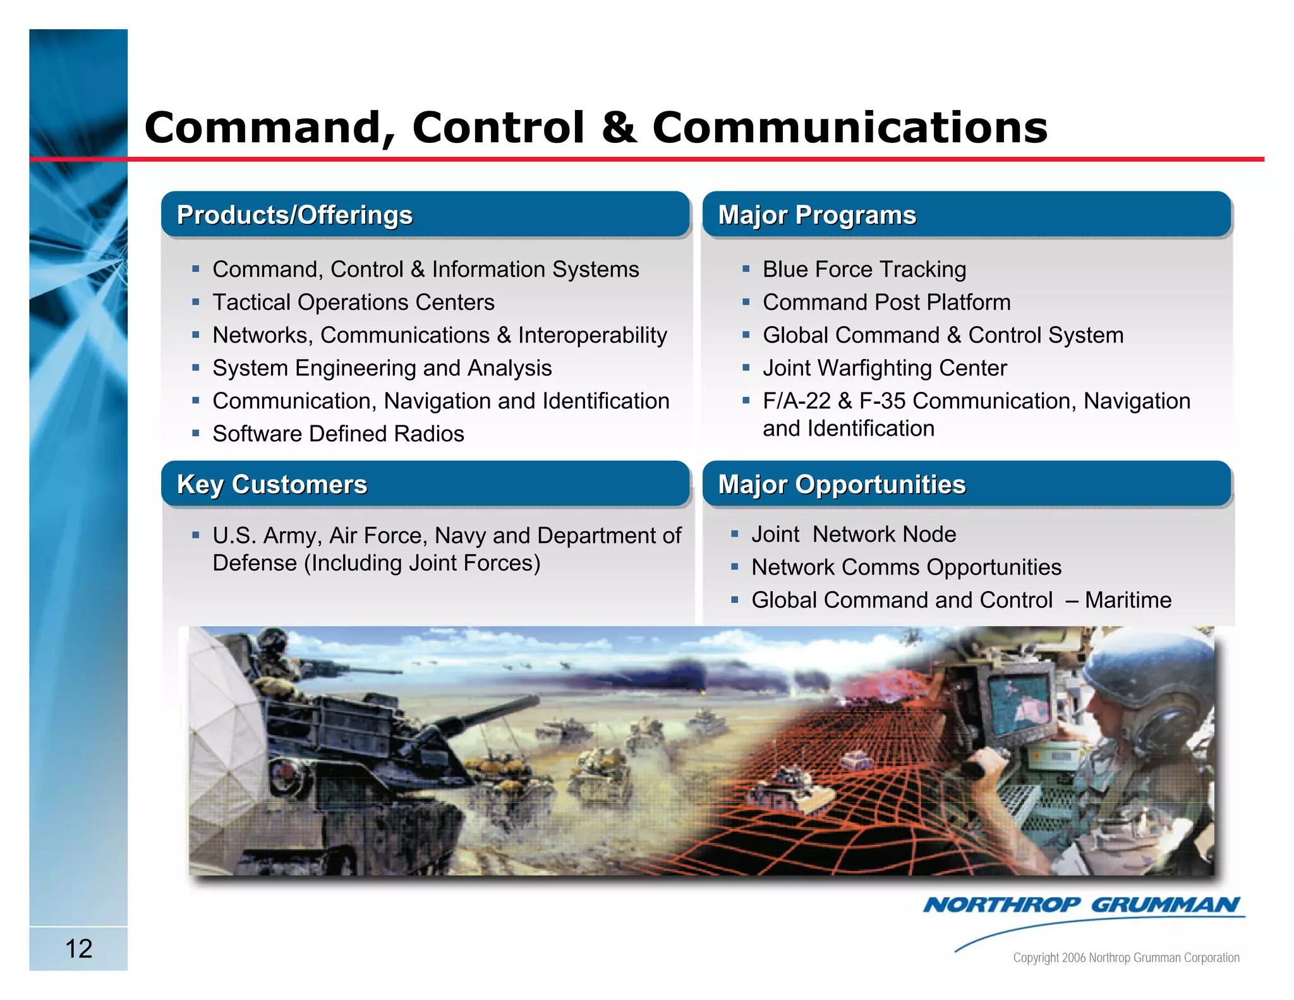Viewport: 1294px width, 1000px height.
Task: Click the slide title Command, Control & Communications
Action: pos(595,128)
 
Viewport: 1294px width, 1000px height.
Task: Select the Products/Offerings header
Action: pos(294,215)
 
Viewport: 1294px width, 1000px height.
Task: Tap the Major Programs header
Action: pos(816,215)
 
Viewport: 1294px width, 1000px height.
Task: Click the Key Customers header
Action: pos(272,484)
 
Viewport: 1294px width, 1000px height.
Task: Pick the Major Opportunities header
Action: pos(842,484)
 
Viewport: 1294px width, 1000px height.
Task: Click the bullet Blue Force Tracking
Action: pos(864,269)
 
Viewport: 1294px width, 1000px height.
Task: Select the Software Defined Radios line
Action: pos(338,434)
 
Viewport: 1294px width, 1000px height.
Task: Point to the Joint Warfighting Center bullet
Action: pos(884,368)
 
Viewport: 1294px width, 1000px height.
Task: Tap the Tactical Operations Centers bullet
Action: pos(353,302)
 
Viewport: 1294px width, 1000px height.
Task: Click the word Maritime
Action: pos(1128,600)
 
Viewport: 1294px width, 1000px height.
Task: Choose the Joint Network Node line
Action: pos(853,534)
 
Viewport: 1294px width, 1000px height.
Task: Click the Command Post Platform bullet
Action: pos(886,302)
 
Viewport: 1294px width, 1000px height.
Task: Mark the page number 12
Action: pos(79,948)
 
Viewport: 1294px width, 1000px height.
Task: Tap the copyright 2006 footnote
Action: pos(1126,958)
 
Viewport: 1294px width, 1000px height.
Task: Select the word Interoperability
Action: pos(592,335)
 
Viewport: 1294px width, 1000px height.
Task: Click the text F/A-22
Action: pos(796,401)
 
